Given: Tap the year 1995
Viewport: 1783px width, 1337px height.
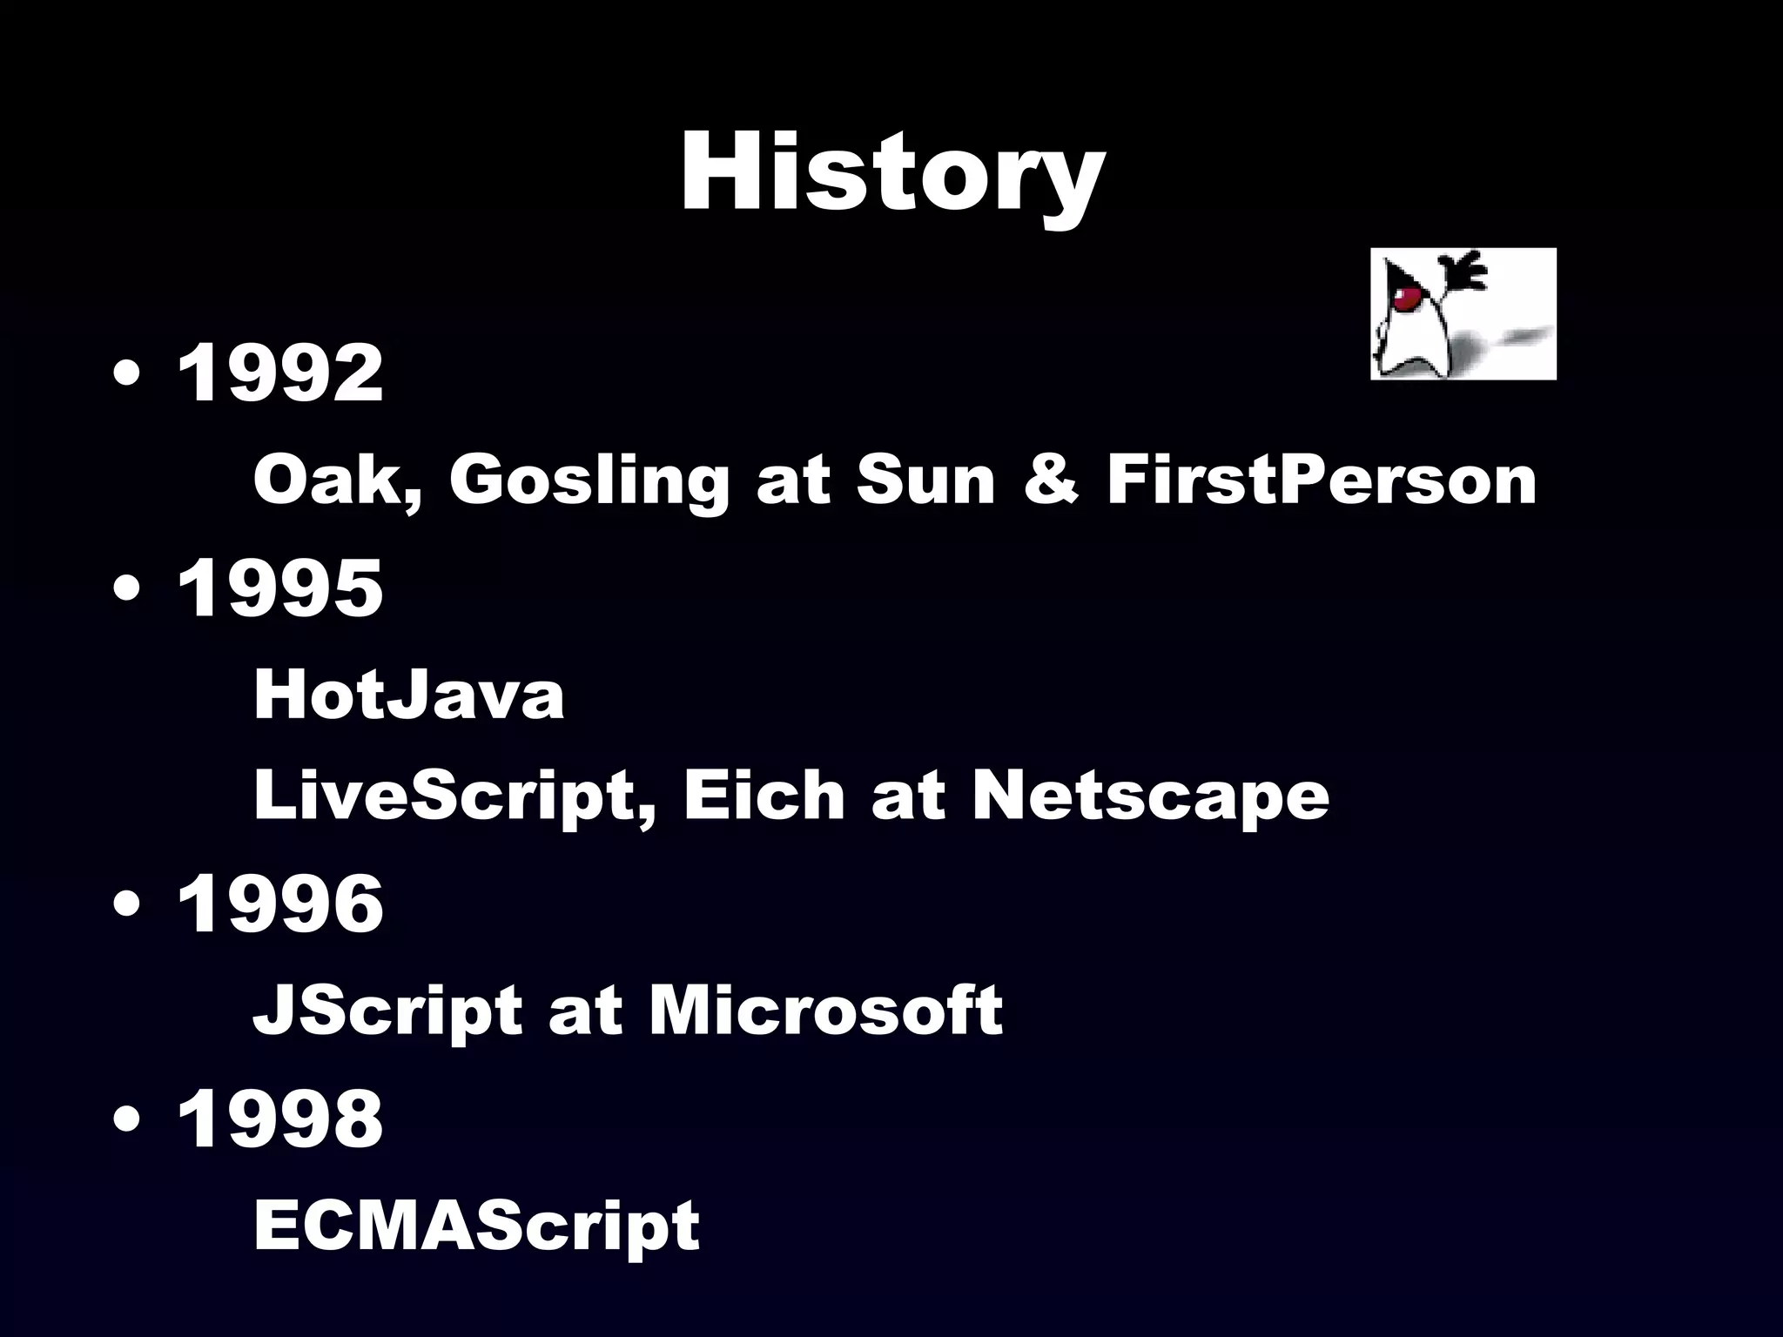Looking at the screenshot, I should click(279, 588).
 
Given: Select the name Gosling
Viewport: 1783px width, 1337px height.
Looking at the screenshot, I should click(589, 482).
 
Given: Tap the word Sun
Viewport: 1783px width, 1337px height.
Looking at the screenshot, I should click(925, 480).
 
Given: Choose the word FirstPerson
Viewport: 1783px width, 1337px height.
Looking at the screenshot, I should click(1322, 480).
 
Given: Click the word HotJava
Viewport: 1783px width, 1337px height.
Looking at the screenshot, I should click(408, 696).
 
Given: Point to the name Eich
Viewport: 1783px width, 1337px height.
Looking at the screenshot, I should click(764, 796).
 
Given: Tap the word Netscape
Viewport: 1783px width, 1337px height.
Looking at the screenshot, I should click(1150, 797).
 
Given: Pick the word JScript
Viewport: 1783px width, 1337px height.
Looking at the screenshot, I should click(387, 1012).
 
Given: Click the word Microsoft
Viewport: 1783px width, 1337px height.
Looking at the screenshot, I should click(825, 1011).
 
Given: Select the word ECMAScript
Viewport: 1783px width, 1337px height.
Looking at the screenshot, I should click(476, 1226).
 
